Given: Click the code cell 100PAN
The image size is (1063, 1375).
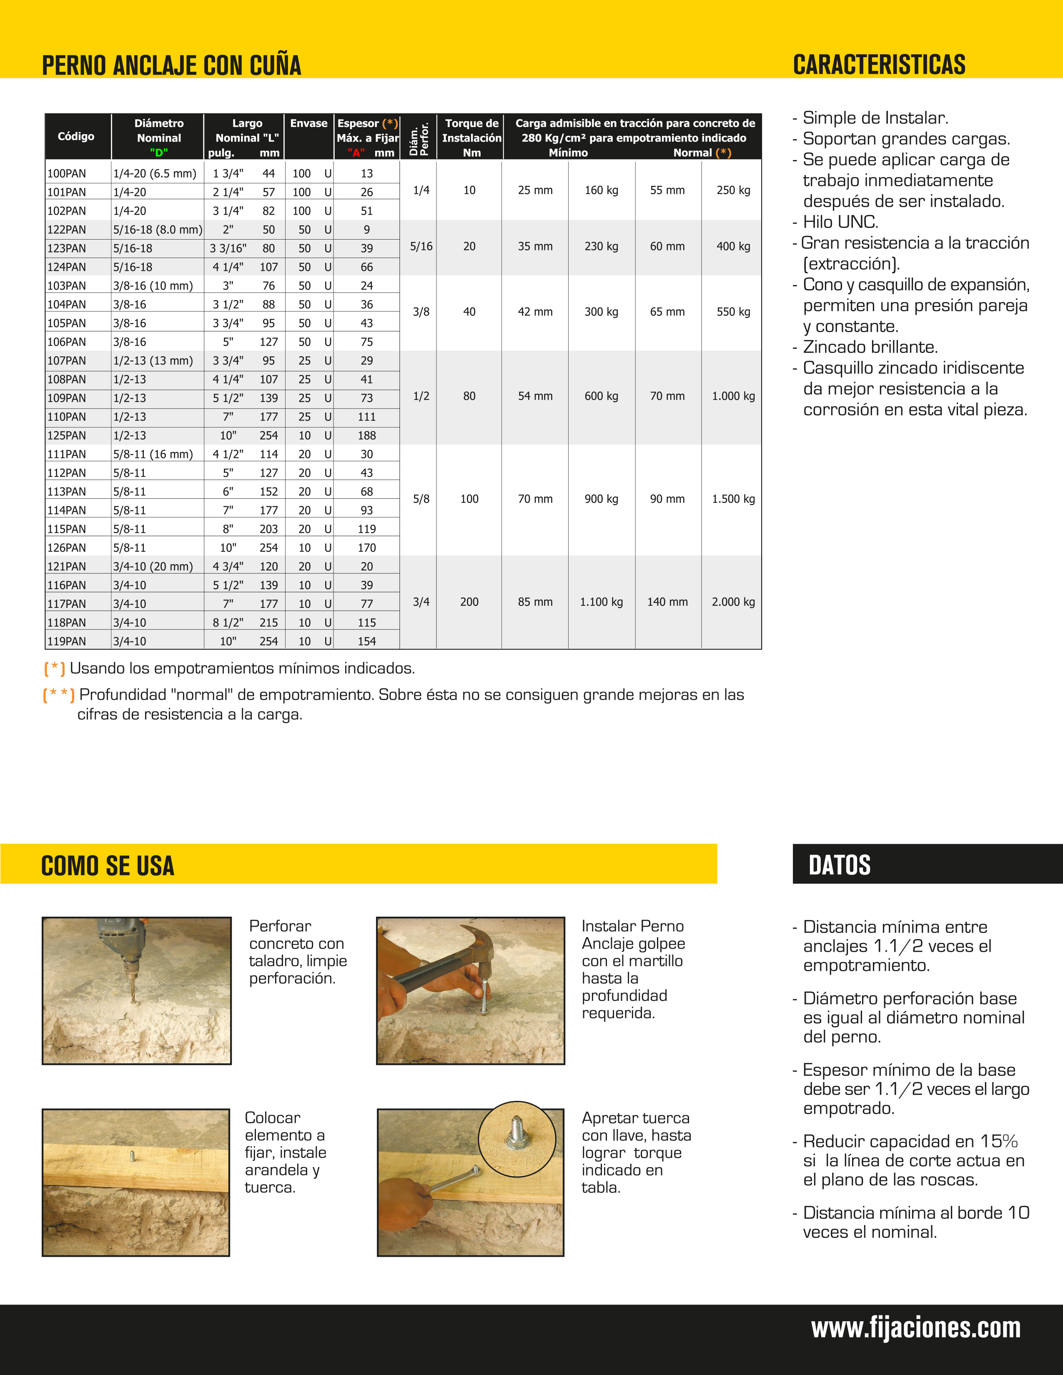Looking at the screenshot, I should click(x=67, y=174).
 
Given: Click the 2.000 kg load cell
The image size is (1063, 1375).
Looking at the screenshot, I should click(x=733, y=602).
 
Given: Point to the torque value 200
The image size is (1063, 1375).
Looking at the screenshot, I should click(x=469, y=602).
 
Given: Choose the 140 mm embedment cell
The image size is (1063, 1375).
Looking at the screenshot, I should click(x=667, y=602).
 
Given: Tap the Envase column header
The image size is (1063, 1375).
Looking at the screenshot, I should click(x=308, y=123).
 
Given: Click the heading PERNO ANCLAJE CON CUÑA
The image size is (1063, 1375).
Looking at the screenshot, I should click(x=171, y=65).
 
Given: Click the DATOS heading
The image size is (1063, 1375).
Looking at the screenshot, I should click(x=840, y=865).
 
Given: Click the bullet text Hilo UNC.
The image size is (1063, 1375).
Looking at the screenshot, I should click(x=840, y=222).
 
